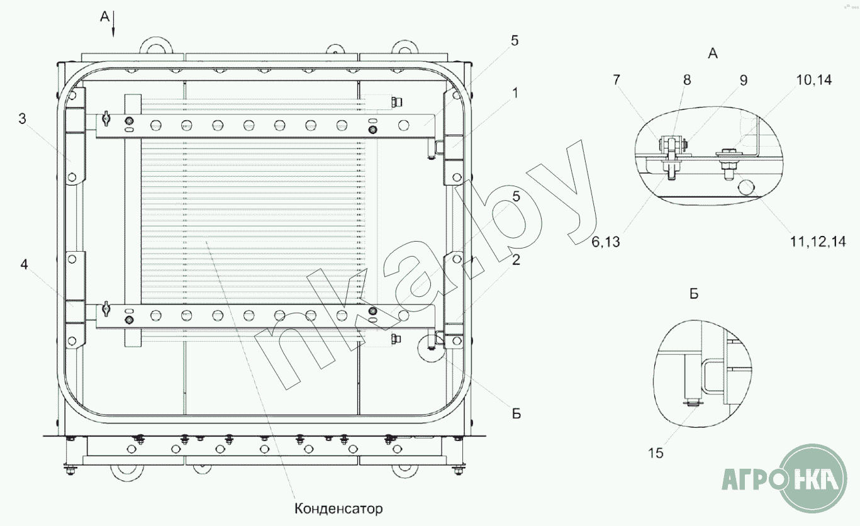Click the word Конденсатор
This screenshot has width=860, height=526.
click(x=338, y=509)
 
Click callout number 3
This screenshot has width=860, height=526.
click(x=22, y=119)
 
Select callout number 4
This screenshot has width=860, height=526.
click(x=24, y=264)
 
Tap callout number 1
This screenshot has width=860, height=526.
click(x=515, y=93)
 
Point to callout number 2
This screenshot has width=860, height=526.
click(x=516, y=260)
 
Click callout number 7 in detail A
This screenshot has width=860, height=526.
click(x=616, y=80)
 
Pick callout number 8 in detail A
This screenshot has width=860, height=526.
click(x=687, y=80)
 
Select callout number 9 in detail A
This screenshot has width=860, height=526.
click(x=744, y=81)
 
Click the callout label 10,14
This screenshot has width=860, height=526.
click(x=814, y=80)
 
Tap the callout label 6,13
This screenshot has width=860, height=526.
click(x=605, y=242)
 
